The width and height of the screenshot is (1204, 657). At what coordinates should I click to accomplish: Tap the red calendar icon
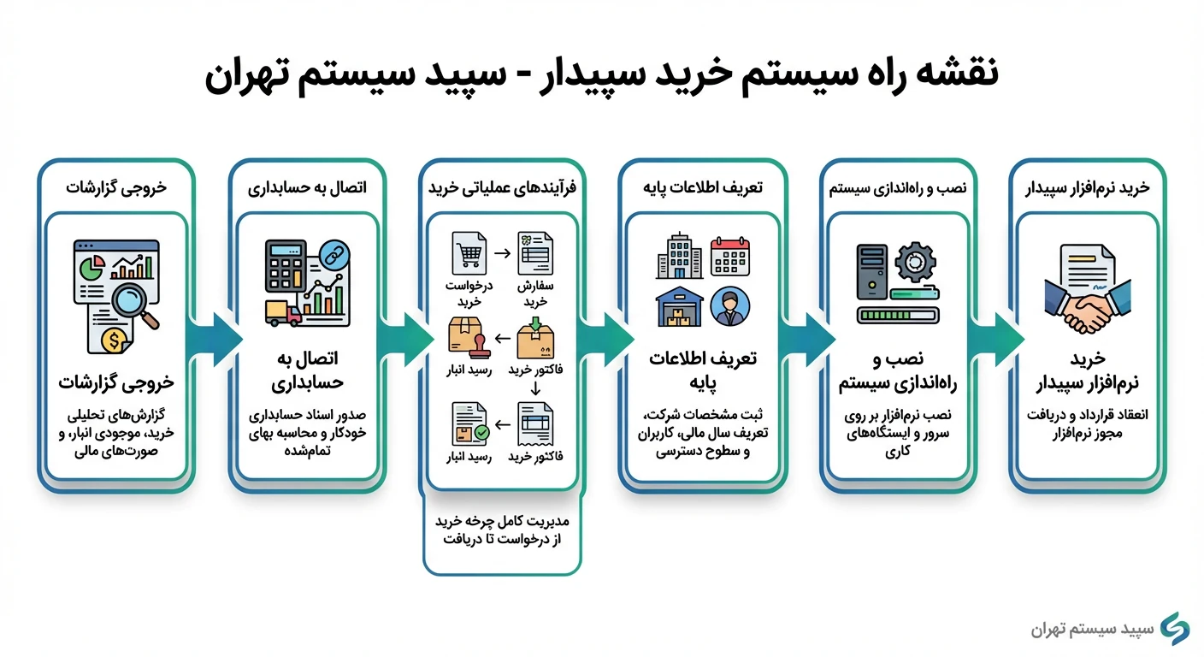(x=729, y=254)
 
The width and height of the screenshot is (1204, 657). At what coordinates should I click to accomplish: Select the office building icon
(x=679, y=255)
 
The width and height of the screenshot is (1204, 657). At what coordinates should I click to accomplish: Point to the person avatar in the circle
(x=729, y=306)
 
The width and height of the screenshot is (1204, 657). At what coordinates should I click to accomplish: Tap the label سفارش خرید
(x=534, y=293)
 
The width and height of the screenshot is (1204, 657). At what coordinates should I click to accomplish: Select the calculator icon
(x=285, y=264)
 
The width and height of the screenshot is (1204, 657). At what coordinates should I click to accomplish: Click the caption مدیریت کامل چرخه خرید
(x=502, y=522)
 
